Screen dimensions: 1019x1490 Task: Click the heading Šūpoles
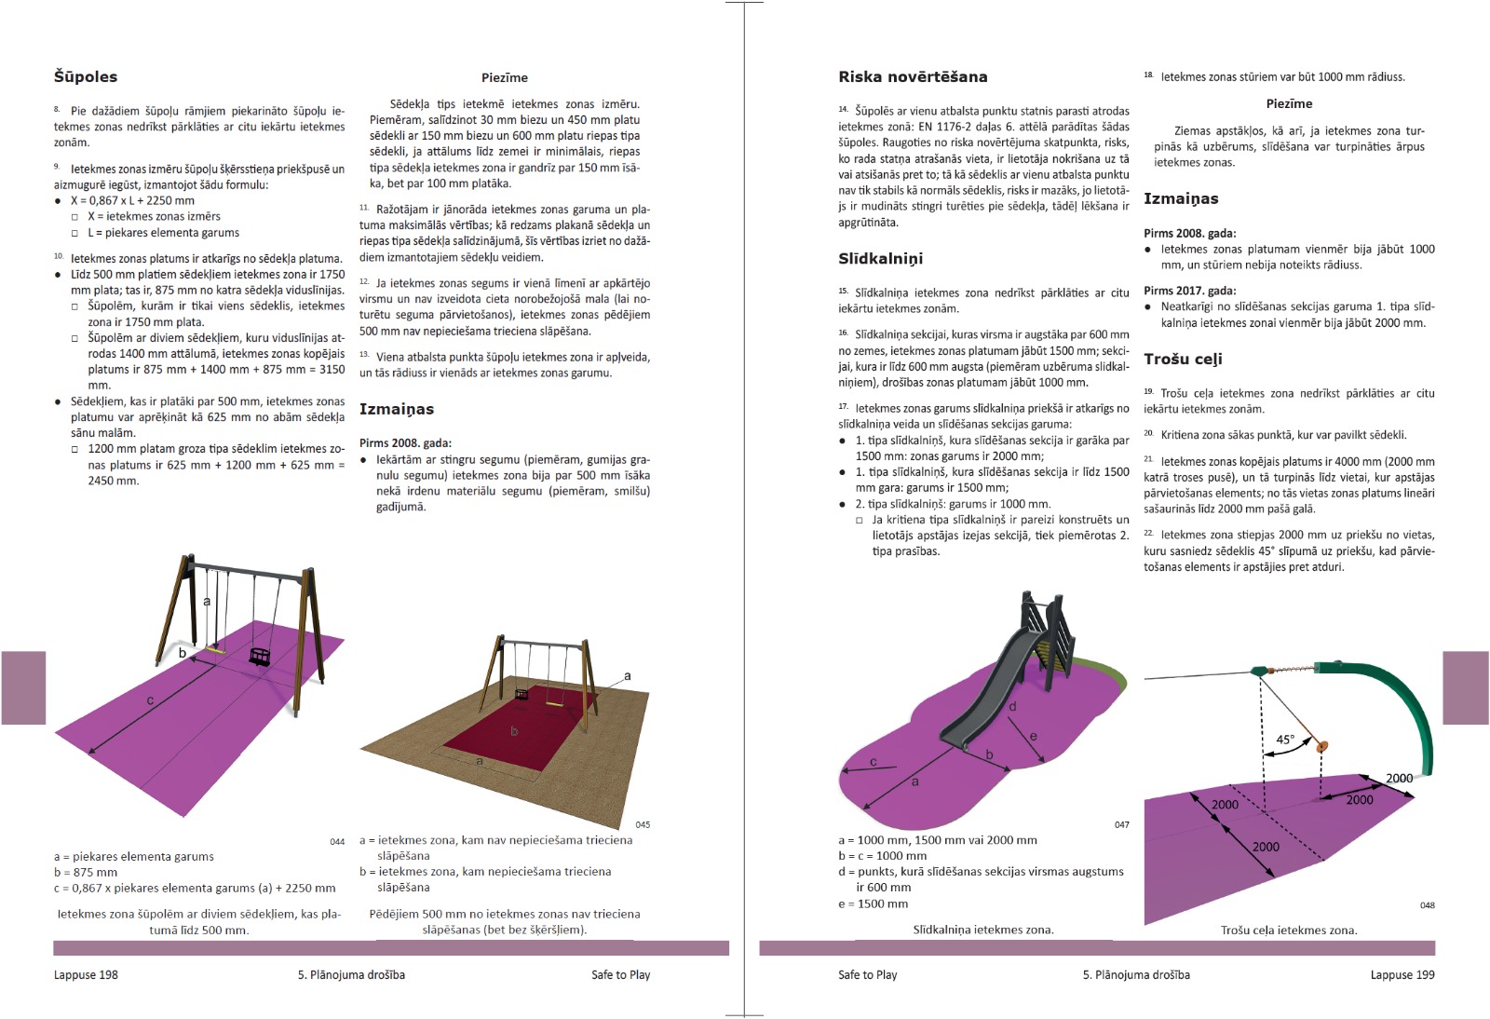pyautogui.click(x=86, y=77)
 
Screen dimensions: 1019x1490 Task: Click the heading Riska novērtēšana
pyautogui.click(x=913, y=77)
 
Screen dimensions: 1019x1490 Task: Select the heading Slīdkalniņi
pyautogui.click(x=880, y=259)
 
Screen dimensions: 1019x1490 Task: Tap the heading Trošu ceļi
pyautogui.click(x=1183, y=360)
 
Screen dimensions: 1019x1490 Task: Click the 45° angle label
pyautogui.click(x=1285, y=740)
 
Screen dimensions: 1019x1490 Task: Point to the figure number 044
pyautogui.click(x=337, y=841)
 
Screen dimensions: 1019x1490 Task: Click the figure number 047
pyautogui.click(x=1121, y=825)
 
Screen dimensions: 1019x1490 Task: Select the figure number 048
pyautogui.click(x=1427, y=905)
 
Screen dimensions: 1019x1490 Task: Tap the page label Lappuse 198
pyautogui.click(x=86, y=975)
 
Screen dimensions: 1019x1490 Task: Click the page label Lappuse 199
pyautogui.click(x=1402, y=975)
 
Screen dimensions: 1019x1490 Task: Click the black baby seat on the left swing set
pyautogui.click(x=260, y=656)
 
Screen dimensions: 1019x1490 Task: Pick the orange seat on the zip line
pyautogui.click(x=1323, y=745)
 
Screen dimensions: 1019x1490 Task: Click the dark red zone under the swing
pyautogui.click(x=521, y=736)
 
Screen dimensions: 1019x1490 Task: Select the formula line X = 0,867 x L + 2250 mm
pyautogui.click(x=132, y=200)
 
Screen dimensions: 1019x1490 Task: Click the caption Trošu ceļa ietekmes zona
pyautogui.click(x=1289, y=931)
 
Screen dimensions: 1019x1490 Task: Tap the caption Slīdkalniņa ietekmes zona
pyautogui.click(x=982, y=931)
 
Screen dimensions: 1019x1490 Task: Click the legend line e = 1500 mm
pyautogui.click(x=873, y=904)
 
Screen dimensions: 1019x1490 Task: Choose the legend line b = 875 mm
pyautogui.click(x=86, y=873)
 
